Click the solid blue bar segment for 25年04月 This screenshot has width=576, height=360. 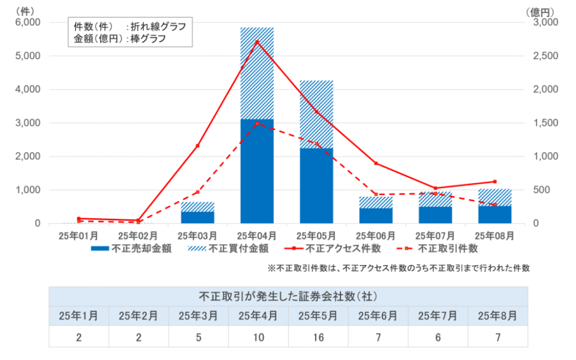256,171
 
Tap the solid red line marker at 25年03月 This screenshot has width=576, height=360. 197,146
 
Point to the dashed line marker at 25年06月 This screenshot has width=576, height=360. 376,195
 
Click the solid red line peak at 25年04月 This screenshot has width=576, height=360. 257,42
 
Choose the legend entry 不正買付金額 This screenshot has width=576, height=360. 228,248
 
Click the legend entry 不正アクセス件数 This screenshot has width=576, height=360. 331,248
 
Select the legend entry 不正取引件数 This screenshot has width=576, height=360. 439,248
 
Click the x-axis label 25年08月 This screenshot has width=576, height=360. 495,235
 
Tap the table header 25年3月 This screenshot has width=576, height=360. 199,316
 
